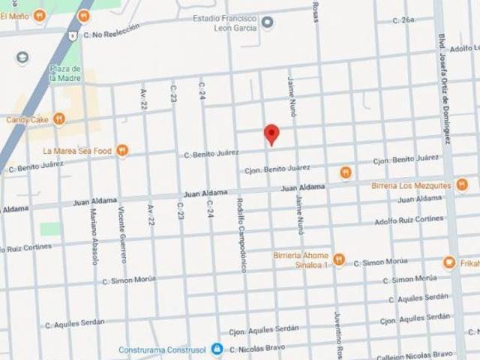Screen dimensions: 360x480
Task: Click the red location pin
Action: [x=271, y=134]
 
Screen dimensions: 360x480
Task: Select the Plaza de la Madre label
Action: [x=64, y=74]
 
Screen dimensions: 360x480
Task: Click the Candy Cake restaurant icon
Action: [x=59, y=118]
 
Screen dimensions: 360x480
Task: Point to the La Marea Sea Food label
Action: [x=76, y=151]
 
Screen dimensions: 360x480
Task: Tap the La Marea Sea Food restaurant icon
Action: [x=122, y=151]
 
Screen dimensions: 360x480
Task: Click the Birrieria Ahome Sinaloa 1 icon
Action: [x=339, y=259]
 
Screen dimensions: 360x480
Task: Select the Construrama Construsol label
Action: [x=169, y=349]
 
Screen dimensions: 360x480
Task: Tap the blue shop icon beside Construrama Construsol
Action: [x=217, y=349]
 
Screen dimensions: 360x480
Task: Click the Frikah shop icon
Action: [x=448, y=262]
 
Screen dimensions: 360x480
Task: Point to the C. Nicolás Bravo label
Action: [x=260, y=349]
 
